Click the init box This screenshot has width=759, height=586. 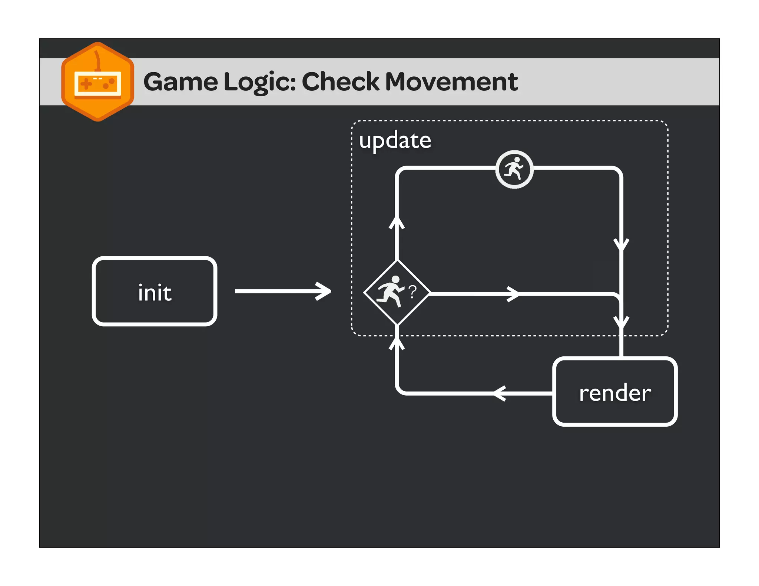click(154, 291)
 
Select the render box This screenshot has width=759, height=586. click(614, 392)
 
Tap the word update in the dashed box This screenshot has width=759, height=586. click(395, 140)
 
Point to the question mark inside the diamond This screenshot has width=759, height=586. click(412, 292)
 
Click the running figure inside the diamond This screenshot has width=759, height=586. click(391, 291)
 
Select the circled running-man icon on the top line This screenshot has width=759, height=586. click(514, 170)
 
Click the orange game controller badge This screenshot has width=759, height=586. click(97, 82)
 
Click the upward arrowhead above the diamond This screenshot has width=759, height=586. click(397, 223)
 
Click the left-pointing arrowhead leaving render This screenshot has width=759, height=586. click(500, 393)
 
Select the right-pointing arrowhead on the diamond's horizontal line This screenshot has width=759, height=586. click(514, 294)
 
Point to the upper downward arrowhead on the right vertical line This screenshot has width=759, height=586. click(622, 245)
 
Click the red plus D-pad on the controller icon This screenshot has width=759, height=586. click(86, 84)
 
